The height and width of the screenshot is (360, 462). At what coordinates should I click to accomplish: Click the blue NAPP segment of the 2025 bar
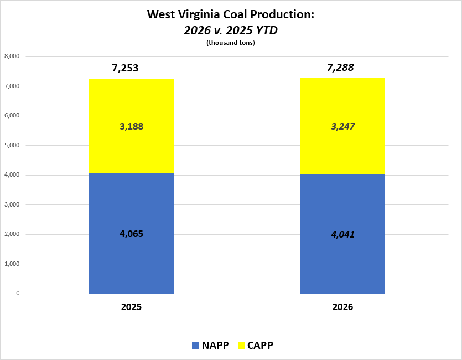[x=131, y=260]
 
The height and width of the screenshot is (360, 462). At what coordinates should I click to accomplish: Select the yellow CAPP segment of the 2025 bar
[x=131, y=150]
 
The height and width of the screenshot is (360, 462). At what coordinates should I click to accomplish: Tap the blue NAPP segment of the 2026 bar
[x=342, y=260]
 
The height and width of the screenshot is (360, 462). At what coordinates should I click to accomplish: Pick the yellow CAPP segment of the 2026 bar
[x=342, y=150]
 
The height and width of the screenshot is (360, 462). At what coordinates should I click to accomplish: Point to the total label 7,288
[x=340, y=68]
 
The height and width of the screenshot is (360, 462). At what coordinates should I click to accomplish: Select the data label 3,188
[x=131, y=126]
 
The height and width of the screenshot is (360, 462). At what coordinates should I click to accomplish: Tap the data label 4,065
[x=131, y=234]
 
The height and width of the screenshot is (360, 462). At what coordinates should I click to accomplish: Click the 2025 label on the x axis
[x=131, y=307]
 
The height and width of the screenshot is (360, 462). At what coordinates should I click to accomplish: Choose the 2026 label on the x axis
[x=342, y=307]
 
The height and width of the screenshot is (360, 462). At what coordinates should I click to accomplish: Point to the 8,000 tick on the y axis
[x=12, y=56]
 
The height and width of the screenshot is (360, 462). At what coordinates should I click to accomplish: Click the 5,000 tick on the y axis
[x=12, y=146]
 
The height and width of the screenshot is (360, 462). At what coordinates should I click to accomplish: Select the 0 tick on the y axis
[x=18, y=294]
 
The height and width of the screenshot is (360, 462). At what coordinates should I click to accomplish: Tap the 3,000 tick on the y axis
[x=12, y=205]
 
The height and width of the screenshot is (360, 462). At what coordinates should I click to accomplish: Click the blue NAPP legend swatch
[x=195, y=346]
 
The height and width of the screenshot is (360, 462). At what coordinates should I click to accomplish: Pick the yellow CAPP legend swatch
[x=241, y=346]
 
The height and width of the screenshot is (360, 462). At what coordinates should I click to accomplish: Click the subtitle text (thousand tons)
[x=230, y=43]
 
